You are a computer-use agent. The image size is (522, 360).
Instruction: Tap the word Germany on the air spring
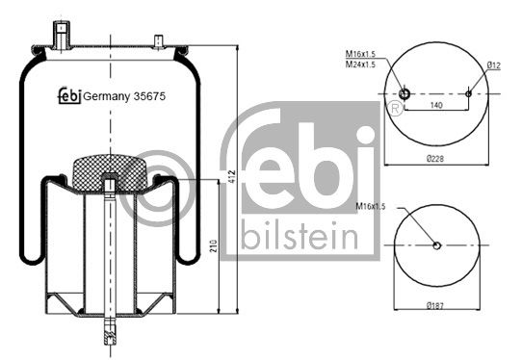[105, 95]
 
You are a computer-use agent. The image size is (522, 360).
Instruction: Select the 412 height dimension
[231, 177]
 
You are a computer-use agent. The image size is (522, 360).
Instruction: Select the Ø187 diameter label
[435, 306]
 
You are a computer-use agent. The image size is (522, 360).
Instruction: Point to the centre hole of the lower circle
[436, 245]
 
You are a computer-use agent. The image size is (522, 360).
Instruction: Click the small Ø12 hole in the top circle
[469, 93]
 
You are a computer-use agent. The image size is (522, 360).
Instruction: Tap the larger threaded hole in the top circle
[405, 93]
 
